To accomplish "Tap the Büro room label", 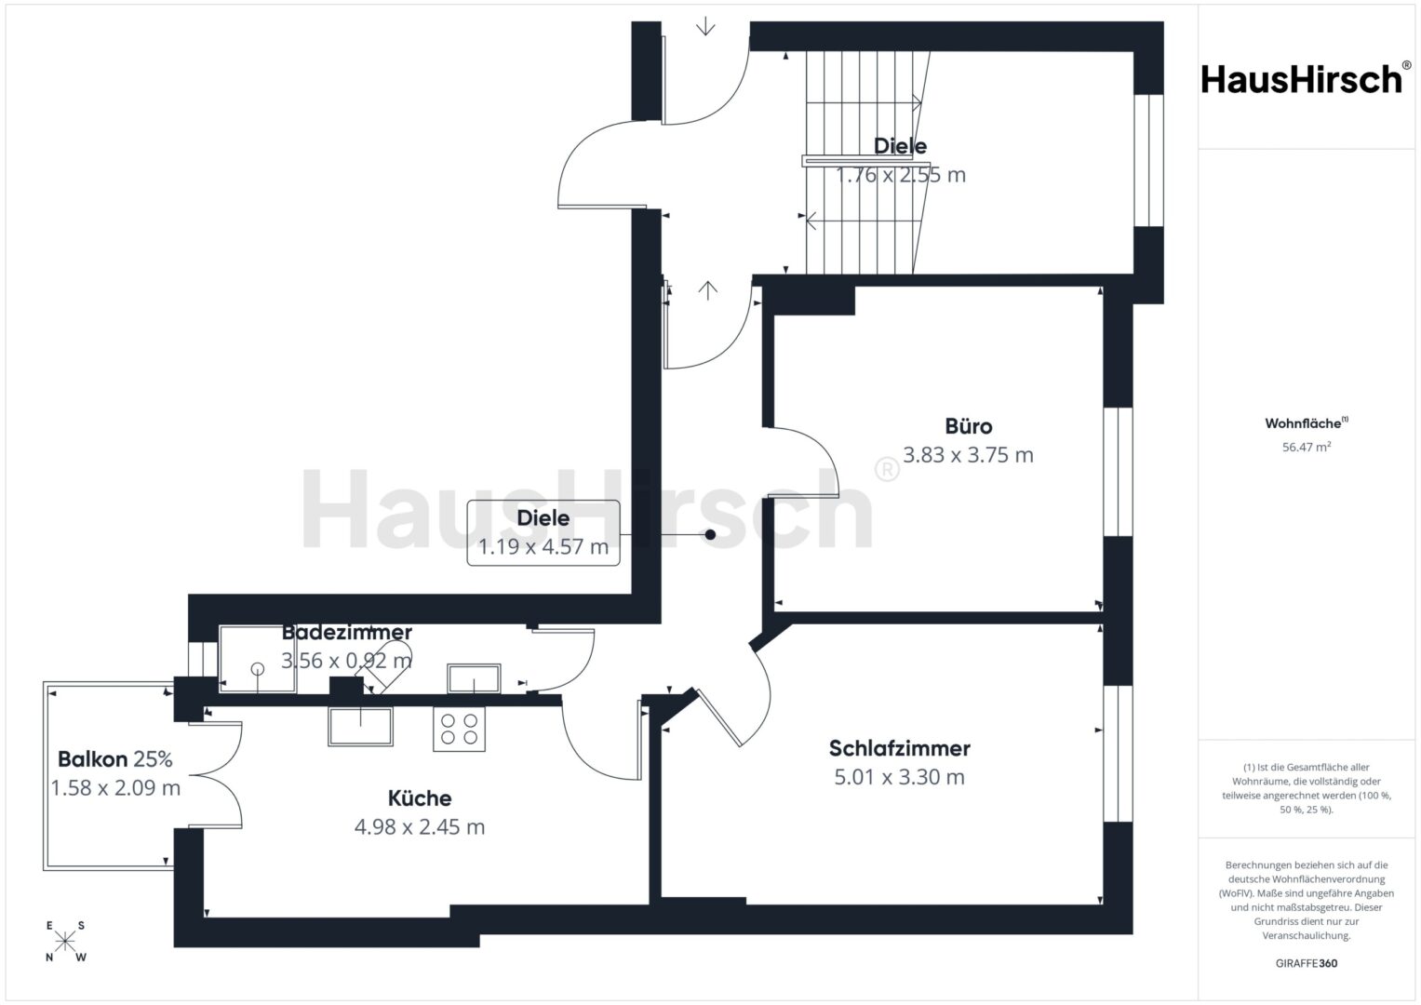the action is point(968,426).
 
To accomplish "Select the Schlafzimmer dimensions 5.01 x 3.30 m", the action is point(899,777).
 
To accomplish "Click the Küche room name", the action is point(420,798).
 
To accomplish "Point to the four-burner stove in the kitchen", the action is point(460,729).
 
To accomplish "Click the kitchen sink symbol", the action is point(360,727).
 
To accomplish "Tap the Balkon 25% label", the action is point(114,758).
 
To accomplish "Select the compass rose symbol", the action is point(65,941).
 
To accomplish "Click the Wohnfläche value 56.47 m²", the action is point(1307,447).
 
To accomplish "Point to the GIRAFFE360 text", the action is point(1307,963).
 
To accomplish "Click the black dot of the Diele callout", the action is point(711,535).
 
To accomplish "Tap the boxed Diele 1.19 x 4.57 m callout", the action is point(543,533).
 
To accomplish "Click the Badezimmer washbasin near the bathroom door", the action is point(474,678).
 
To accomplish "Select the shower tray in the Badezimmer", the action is point(258,659).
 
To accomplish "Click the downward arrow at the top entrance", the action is point(705,26).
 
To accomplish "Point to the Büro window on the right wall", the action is point(1119,472).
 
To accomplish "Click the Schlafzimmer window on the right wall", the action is point(1119,754).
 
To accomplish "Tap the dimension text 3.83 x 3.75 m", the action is point(968,455).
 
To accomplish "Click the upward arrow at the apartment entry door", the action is point(708,290).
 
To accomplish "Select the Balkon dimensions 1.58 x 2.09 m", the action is point(115,788).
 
